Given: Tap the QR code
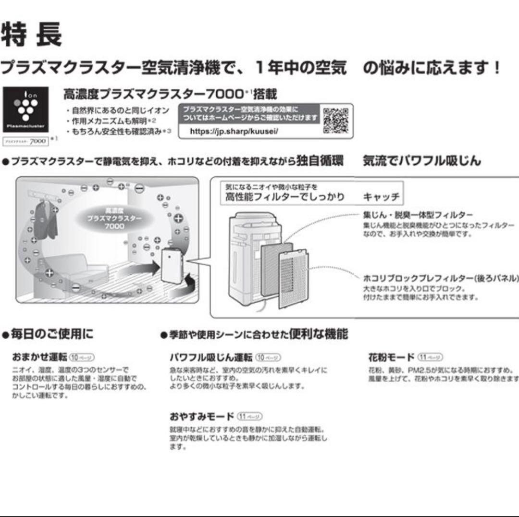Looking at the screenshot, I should coord(335,120).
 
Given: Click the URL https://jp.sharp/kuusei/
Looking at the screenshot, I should coord(234,131).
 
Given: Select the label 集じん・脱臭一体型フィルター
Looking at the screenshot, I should coord(418,214).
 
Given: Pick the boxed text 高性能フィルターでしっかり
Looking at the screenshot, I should coord(285,197).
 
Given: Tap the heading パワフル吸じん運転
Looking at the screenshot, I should coord(210,357).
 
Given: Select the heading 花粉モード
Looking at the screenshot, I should coord(391,357).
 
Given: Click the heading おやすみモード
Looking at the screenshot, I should coord(201,416).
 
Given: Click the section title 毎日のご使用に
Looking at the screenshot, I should coord(50,334).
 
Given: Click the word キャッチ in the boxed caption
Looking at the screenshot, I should coord(381,197).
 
